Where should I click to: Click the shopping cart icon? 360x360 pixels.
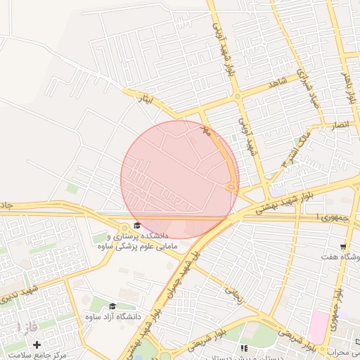point(343,247)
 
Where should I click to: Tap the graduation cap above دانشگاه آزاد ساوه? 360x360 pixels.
point(112,307)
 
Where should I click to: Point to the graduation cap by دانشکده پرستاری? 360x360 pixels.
point(136,226)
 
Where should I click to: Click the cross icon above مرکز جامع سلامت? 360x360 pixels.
point(37,345)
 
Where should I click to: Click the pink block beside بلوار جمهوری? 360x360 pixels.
point(318,327)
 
